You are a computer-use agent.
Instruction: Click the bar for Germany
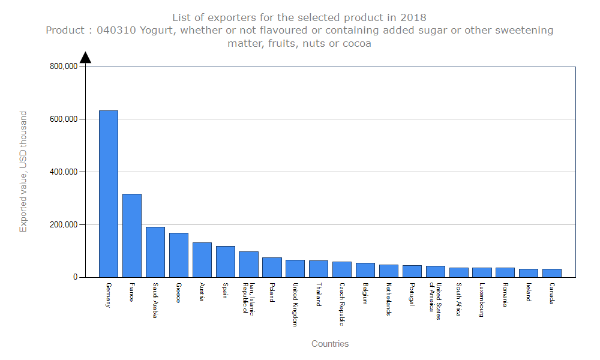[109, 194]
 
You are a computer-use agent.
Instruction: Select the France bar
[132, 235]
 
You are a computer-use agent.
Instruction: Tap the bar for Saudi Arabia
[155, 252]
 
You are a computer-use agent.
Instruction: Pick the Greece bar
[179, 255]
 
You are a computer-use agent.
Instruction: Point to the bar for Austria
[202, 260]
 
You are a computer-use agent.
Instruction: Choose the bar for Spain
[226, 262]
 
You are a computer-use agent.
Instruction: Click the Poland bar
[272, 268]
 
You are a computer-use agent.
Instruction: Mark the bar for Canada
[552, 273]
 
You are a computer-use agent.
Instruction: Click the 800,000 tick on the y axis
[63, 67]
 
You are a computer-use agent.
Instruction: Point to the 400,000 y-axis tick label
[63, 172]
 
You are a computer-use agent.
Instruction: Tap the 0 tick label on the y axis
[75, 277]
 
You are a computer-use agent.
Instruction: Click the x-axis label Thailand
[319, 295]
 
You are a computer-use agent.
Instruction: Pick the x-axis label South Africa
[458, 299]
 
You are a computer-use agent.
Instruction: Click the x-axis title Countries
[330, 344]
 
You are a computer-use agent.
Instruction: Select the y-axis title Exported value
[23, 171]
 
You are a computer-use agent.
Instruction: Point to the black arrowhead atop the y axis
[85, 57]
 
